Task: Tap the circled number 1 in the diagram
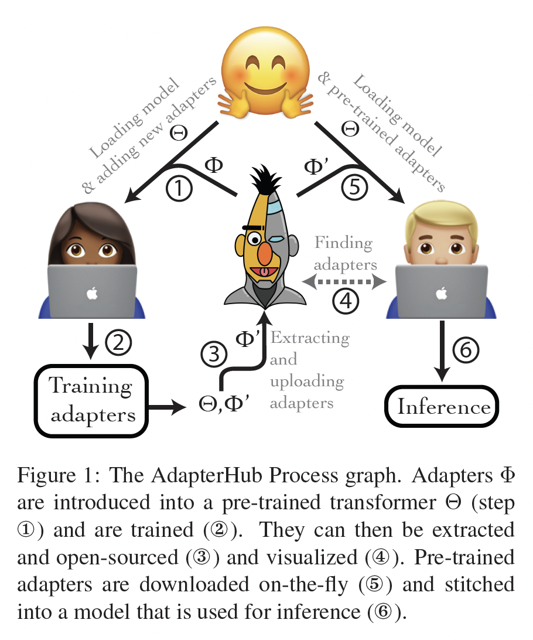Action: [179, 189]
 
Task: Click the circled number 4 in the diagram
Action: [346, 301]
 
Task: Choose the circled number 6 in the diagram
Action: [467, 350]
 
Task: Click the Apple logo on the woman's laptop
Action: [92, 294]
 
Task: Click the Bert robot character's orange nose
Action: [265, 253]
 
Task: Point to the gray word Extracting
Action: [310, 338]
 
